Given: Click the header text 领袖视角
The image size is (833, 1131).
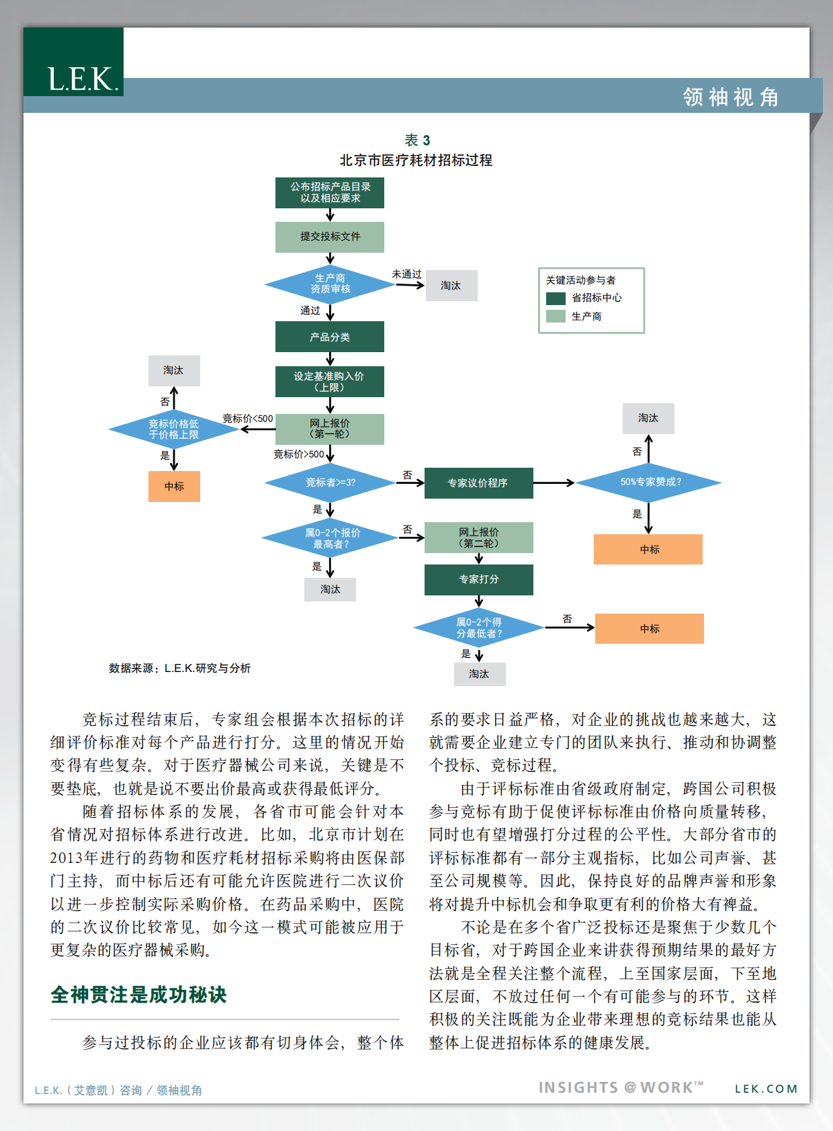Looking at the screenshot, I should (x=731, y=97).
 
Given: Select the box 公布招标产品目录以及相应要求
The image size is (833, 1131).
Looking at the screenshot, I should (x=330, y=193).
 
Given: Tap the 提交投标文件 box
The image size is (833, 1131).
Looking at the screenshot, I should (x=330, y=237).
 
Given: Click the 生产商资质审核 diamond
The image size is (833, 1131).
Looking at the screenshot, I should (x=330, y=284).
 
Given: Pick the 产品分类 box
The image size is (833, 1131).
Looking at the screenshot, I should (x=330, y=337).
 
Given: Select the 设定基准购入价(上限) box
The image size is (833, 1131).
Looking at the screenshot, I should (x=330, y=382).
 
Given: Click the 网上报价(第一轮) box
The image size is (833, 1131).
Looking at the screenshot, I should (x=330, y=429).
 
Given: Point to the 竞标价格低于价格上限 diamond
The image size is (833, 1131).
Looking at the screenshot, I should (x=174, y=429).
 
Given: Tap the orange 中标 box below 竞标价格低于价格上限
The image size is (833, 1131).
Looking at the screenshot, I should (x=174, y=487).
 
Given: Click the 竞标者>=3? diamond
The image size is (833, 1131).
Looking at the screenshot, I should (x=330, y=483).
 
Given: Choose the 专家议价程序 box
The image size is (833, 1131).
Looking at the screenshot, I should (x=478, y=483).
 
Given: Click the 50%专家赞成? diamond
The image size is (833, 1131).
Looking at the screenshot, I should (x=650, y=483).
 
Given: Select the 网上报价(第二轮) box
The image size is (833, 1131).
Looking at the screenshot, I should (x=478, y=538).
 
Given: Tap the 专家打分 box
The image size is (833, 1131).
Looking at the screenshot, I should (x=478, y=579).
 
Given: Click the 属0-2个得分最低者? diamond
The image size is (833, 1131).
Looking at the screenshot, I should (x=478, y=628).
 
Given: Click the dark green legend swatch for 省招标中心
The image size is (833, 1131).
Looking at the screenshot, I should (x=556, y=298).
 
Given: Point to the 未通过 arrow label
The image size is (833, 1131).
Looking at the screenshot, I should (x=406, y=274).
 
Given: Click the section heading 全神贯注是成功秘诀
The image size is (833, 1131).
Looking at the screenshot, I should (x=139, y=995).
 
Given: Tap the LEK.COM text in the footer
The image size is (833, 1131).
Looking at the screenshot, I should (x=766, y=1089).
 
